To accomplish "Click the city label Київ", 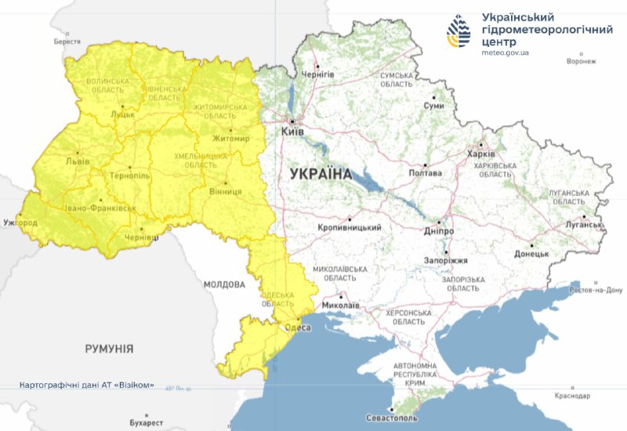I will (293, 132).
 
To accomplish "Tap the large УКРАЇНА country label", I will (321, 174).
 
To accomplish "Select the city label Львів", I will (76, 161).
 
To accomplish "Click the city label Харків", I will (480, 154).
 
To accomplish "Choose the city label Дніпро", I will (440, 231).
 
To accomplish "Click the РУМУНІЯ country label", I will (109, 348).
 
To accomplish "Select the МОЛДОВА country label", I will (225, 284).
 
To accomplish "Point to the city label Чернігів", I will (318, 74).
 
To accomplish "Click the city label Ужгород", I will (19, 223).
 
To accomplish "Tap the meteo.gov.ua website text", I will (506, 53).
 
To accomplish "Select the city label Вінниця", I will (226, 191).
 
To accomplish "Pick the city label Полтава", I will (426, 173).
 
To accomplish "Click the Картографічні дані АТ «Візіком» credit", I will (87, 386).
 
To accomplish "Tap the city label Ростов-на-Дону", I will (595, 290).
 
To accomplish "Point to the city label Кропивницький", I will (350, 227).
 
